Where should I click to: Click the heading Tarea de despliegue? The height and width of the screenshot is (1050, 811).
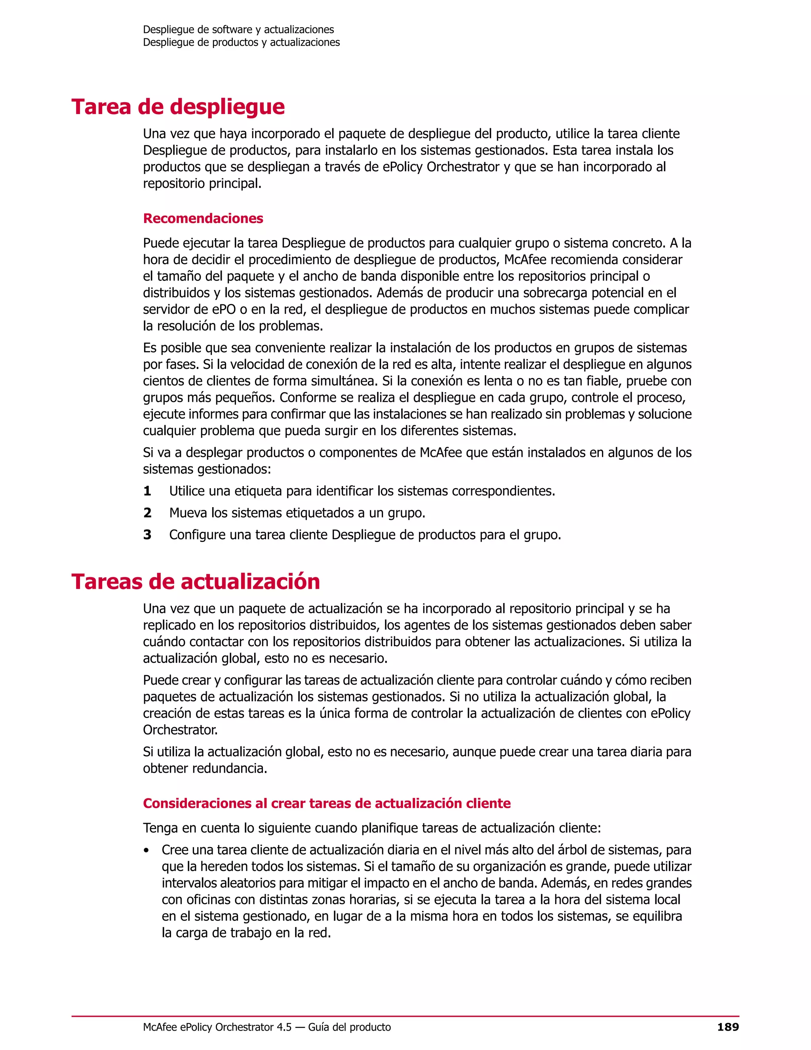point(178,107)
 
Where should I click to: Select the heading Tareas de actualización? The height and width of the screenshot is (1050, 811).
point(196,581)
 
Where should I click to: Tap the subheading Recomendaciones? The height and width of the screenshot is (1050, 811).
point(203,218)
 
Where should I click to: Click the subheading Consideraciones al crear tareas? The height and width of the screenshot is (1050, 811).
point(327,804)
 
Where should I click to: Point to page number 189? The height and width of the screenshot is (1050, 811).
point(727,1027)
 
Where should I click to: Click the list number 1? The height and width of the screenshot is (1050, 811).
point(147,491)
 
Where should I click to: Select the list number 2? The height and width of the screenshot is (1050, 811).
point(147,513)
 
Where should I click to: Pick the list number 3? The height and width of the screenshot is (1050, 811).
point(147,535)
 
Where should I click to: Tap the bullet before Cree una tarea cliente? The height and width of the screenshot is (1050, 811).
point(146,850)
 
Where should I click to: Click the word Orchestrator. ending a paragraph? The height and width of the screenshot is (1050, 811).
point(180,730)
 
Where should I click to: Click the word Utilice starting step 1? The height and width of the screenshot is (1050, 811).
point(185,491)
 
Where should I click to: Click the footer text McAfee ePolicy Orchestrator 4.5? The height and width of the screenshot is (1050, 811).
point(217,1027)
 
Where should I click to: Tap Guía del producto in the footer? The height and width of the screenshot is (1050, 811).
point(349,1027)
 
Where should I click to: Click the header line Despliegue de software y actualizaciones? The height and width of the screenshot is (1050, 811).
point(238,29)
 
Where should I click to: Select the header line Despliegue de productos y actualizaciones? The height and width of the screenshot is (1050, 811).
point(241,42)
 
